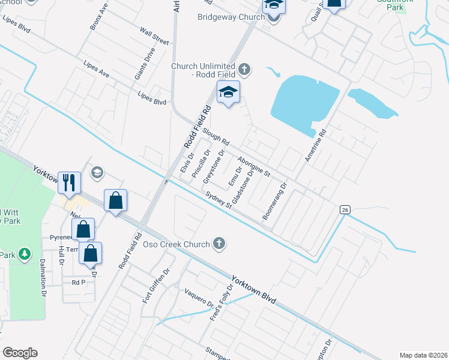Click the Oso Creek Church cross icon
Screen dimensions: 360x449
[219, 243]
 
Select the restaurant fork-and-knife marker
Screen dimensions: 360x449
[69, 182]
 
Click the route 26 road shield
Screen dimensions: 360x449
[344, 209]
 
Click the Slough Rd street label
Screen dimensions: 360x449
[216, 137]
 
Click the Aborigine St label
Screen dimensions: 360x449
[254, 166]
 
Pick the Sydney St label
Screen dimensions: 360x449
[218, 200]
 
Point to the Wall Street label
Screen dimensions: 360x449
[154, 35]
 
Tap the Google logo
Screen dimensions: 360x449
[20, 353]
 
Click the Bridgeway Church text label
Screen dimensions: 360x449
[231, 17]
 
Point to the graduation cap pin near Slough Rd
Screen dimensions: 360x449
[228, 92]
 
